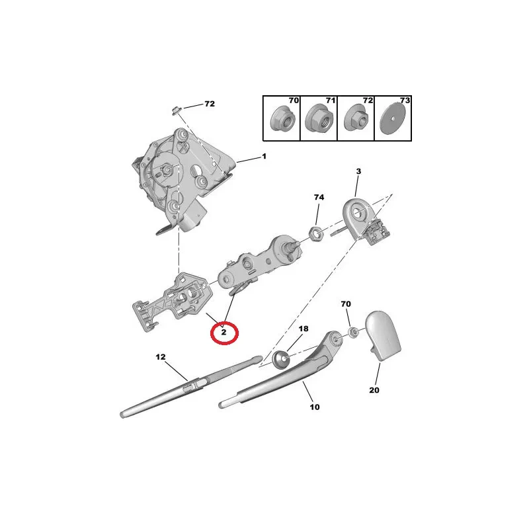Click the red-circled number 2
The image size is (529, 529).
224,333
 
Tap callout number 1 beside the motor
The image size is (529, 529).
264,156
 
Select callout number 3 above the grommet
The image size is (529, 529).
358,171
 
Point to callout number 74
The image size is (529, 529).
319,197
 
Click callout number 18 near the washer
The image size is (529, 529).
304,329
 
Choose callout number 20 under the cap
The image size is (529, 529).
374,390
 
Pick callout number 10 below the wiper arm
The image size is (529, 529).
315,407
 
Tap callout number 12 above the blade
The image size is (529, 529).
161,356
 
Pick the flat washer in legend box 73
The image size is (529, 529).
392,119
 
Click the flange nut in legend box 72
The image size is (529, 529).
356,119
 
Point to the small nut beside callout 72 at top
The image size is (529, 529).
177,110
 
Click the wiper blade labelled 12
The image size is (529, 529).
191,386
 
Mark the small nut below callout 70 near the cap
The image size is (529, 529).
354,333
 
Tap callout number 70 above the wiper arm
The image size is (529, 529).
346,304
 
